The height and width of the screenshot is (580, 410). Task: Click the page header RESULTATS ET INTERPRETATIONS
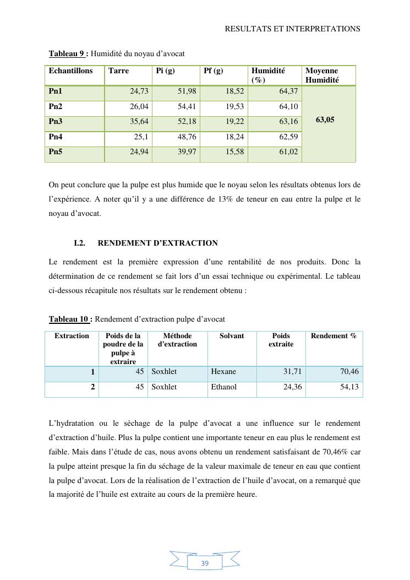click(x=292, y=29)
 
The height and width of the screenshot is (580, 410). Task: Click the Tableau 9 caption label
click(x=68, y=53)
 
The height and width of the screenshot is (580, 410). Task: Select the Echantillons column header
click(x=70, y=71)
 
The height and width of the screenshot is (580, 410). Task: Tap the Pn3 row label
click(x=56, y=121)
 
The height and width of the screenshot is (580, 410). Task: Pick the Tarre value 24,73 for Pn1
click(x=139, y=91)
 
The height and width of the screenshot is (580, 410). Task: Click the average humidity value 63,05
click(x=325, y=119)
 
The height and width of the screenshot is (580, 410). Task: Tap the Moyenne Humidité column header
click(x=322, y=75)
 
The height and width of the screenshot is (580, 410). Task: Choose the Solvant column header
click(x=232, y=336)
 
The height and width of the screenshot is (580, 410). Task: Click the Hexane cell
click(x=223, y=372)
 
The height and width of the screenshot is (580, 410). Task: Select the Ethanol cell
click(x=224, y=387)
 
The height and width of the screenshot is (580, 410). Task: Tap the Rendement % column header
click(x=334, y=336)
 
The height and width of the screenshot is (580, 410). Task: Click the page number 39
click(x=205, y=563)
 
